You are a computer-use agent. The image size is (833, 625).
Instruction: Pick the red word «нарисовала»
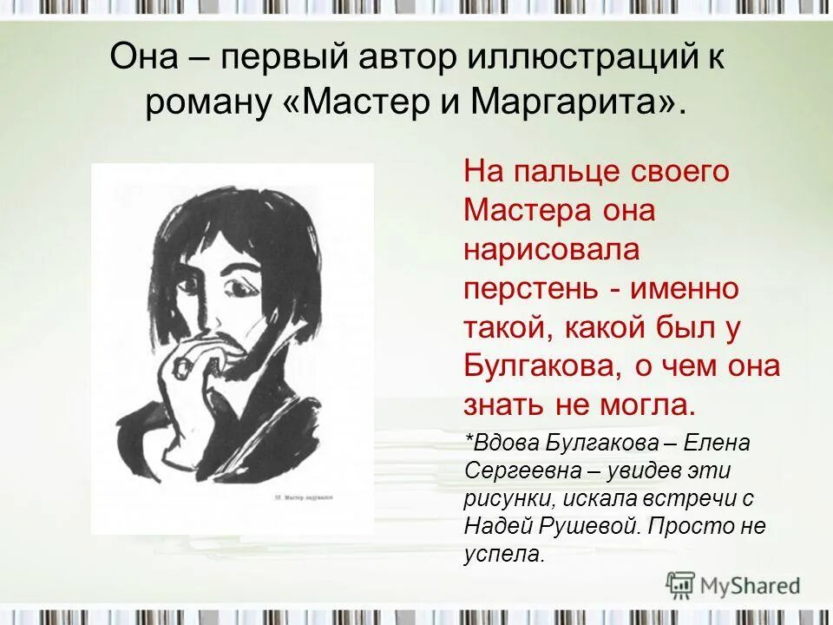pyautogui.click(x=551, y=249)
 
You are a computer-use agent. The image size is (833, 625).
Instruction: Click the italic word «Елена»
pyautogui.click(x=717, y=443)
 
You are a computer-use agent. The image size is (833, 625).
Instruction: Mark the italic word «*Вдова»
pyautogui.click(x=502, y=443)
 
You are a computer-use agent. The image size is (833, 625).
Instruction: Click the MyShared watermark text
pyautogui.click(x=751, y=586)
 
